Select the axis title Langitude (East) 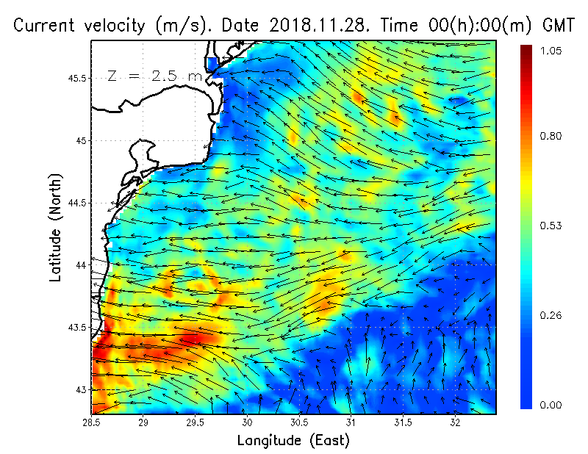coord(293,440)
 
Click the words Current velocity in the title coord(82,26)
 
